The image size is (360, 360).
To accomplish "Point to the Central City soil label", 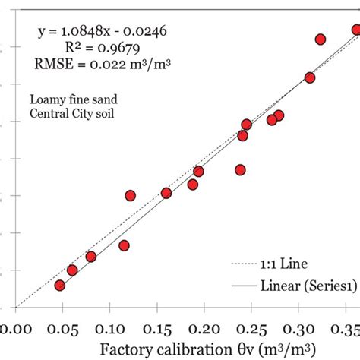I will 67,115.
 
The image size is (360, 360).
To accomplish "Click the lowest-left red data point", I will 59,286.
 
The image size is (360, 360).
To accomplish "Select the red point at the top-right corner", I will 356,30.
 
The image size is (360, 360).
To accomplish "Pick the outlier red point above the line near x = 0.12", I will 130,195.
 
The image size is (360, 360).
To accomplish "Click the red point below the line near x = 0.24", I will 240,170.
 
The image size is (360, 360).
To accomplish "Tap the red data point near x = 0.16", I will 166,193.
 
